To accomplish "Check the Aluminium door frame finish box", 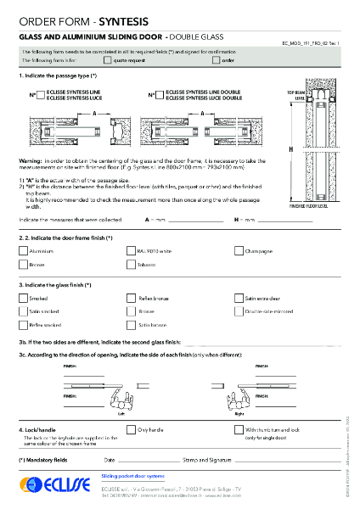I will tap(23, 251).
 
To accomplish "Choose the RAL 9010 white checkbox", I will tap(130, 251).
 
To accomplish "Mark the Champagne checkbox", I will tap(238, 251).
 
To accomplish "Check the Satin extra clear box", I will tap(238, 299).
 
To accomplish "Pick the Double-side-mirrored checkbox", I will tap(238, 311).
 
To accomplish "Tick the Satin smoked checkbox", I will tap(23, 311).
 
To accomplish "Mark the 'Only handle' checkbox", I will tap(130, 430).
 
